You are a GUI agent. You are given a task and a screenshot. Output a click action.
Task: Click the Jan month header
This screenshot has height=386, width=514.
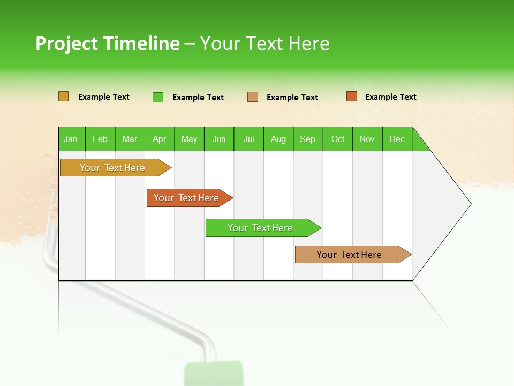pos(71,139)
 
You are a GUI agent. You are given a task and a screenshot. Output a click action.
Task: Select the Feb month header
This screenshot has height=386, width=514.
pos(100,139)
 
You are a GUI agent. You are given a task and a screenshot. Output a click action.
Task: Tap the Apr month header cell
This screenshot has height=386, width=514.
pos(160,139)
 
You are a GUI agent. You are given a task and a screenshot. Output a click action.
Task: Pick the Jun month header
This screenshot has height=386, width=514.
pos(219,139)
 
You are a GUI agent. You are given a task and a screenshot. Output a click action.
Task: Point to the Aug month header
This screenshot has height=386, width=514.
pos(278,139)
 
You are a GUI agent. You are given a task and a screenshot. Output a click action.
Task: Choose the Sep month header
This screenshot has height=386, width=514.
pos(308,139)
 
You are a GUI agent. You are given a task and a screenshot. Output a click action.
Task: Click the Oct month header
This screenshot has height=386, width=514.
pos(338,139)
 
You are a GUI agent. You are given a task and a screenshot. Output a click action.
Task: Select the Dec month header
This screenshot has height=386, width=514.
pos(397,139)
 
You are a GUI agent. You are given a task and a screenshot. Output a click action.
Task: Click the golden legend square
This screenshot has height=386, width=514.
pos(64,96)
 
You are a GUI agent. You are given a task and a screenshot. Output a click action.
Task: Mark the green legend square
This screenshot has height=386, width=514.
pos(158,97)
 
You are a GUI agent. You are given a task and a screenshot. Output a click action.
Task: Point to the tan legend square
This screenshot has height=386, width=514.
pos(253,96)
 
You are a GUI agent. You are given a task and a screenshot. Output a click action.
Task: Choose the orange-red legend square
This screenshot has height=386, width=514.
pos(351,96)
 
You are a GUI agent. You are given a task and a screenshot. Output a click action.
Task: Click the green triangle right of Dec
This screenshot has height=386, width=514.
pos(419,144)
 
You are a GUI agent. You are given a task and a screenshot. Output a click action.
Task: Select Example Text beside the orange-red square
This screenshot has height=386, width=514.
pos(391,97)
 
